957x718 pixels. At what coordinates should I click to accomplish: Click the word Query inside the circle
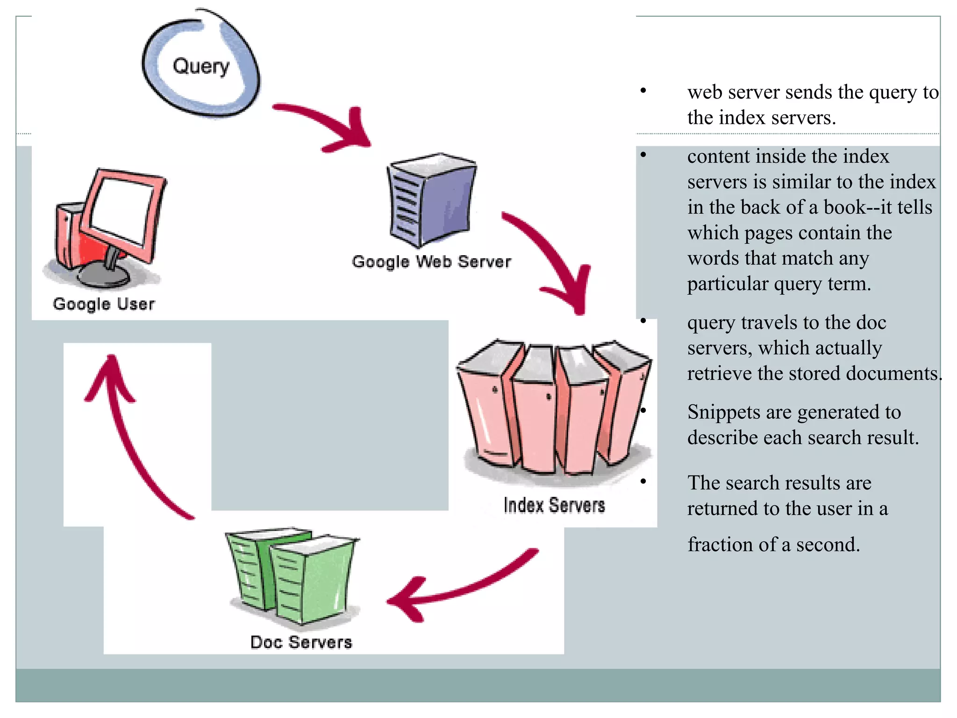tap(201, 67)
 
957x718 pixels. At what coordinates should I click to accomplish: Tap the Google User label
tap(104, 304)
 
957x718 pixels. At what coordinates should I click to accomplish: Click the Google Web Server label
tap(431, 262)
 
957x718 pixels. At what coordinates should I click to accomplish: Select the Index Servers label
tap(554, 505)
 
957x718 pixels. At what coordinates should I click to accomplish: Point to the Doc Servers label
tap(301, 642)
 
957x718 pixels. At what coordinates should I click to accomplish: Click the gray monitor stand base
tap(104, 277)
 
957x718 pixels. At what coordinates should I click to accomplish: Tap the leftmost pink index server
tap(486, 407)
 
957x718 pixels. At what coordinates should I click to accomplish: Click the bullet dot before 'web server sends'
tap(643, 90)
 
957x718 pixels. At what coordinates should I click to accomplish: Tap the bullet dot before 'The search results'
tap(643, 481)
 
